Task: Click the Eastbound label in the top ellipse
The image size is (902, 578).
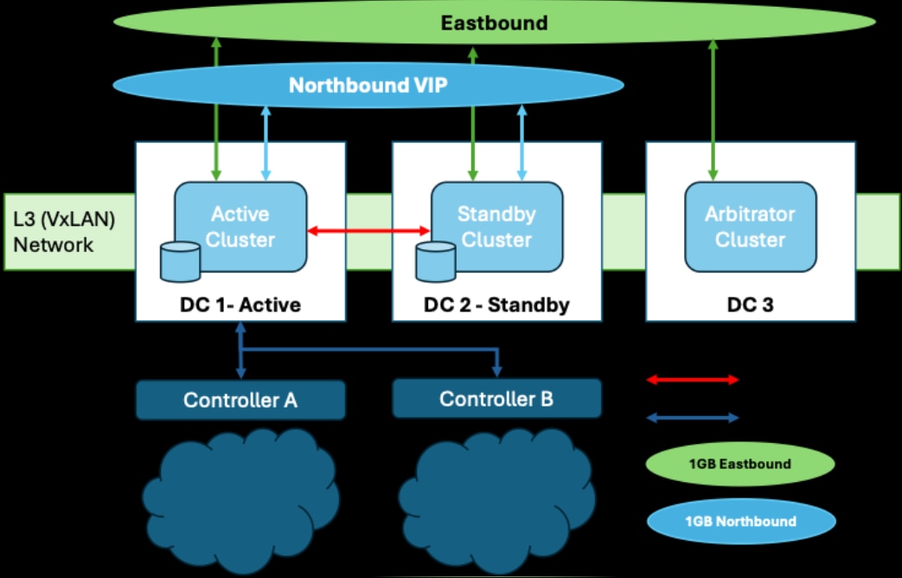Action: point(494,22)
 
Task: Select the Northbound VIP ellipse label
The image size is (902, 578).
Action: point(368,85)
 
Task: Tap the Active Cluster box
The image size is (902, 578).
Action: point(241,226)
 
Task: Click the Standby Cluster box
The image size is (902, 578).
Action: point(496,226)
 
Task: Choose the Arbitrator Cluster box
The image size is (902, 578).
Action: point(750,226)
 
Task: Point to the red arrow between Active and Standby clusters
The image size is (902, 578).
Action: point(369,230)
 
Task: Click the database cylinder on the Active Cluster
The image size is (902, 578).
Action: point(181,261)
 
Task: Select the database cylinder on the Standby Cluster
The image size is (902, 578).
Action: point(435,261)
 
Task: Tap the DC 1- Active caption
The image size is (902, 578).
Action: point(240,305)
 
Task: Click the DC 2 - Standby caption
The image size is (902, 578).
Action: point(496,305)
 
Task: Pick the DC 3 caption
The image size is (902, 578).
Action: point(750,305)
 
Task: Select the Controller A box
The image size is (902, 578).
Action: point(240,400)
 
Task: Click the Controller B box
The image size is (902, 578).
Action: point(496,399)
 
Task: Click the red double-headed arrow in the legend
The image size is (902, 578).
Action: point(693,379)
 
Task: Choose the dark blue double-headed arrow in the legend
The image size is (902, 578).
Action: point(693,418)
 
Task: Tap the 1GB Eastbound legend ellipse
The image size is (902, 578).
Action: point(739,464)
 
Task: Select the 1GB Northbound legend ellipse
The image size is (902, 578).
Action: point(739,522)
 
